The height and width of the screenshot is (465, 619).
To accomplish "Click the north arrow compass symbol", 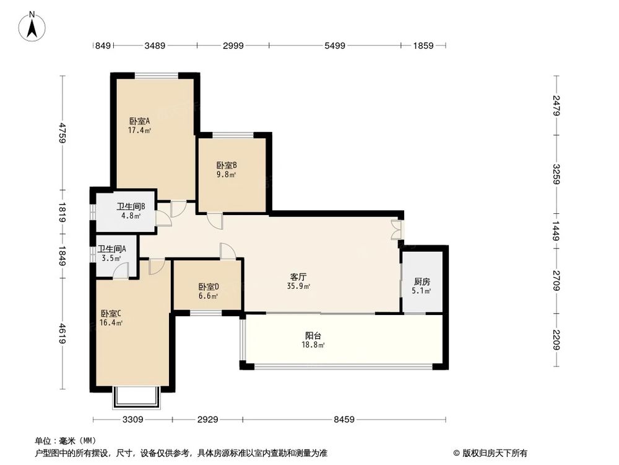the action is point(32,26).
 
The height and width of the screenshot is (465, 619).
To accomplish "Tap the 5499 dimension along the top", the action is point(335,46).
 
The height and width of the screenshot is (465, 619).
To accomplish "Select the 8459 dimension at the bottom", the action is point(344,420).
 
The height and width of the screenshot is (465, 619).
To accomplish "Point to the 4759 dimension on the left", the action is point(63,133).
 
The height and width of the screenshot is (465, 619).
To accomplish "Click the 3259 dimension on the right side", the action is point(556,174).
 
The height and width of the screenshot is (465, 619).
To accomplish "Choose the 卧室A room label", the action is point(139,121).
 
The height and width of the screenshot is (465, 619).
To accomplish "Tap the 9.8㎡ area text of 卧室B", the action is point(226,175).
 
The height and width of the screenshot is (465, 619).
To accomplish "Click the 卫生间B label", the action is point(131,206).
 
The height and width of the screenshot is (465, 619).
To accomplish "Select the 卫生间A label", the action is point(111,249).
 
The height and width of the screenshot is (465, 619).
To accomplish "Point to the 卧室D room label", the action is point(209,286).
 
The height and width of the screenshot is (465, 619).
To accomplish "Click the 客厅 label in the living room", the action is point(298,277).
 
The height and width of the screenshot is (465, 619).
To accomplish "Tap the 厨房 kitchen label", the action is point(422,282).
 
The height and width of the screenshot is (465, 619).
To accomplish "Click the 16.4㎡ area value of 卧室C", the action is point(111,322).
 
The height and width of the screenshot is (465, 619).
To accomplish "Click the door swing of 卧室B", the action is point(215,221).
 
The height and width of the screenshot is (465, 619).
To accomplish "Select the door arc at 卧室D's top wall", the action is point(228,251).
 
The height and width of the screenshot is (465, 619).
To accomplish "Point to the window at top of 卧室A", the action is point(157,75).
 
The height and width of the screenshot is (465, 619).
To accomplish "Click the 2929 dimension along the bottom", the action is point(207,420).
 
